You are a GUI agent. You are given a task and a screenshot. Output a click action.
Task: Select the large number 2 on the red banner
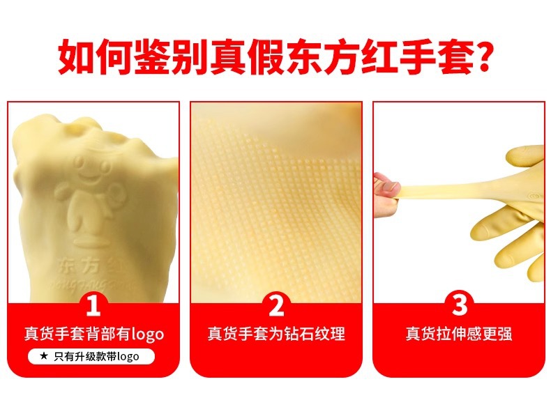(276, 305)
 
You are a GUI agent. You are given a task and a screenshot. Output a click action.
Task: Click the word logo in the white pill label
(128, 357)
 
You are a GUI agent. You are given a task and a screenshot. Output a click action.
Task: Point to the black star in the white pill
(44, 356)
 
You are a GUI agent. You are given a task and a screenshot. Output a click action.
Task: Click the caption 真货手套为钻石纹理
(276, 334)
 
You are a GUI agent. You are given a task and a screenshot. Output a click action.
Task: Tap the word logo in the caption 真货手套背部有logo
(146, 334)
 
